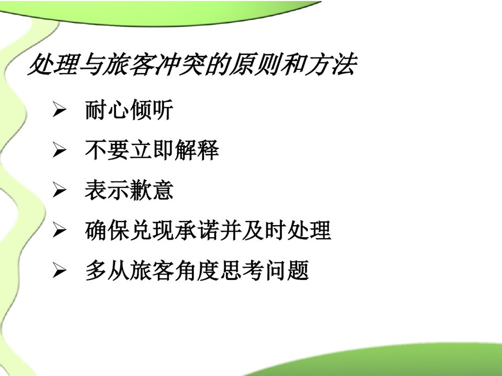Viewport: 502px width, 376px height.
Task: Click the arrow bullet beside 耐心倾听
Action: pos(60,110)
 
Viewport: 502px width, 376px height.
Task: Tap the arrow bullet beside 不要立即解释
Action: pos(60,150)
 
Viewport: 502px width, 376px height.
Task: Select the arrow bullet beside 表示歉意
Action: pos(60,190)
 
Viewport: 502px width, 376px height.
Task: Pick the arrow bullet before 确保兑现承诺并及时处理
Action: pos(60,230)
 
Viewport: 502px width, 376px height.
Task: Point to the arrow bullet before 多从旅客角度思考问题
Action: pos(60,271)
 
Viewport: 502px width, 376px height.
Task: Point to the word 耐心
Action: pos(107,110)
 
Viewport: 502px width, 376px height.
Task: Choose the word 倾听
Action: pos(152,110)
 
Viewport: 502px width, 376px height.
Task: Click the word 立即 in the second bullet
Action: pos(152,150)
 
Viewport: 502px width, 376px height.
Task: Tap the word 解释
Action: pos(197,150)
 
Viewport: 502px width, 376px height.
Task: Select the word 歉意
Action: pos(152,190)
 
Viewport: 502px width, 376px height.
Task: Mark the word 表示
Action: pos(107,190)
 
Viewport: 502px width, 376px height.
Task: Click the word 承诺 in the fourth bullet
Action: pos(197,230)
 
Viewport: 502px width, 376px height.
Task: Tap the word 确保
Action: pos(107,230)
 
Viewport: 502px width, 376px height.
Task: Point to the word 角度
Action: pos(197,271)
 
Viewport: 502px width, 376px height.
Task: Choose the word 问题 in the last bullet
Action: pos(287,271)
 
